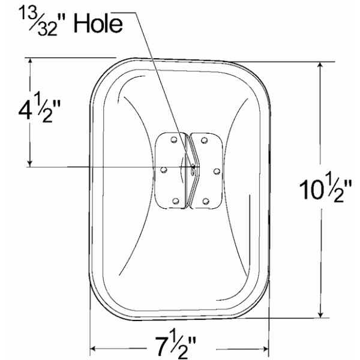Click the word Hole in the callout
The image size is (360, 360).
pyautogui.click(x=98, y=23)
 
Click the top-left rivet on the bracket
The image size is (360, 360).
pyautogui.click(x=174, y=140)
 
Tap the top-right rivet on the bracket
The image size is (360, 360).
pyautogui.click(x=204, y=140)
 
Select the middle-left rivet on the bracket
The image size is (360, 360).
pyautogui.click(x=163, y=170)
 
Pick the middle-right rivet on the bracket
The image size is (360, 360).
pyautogui.click(x=217, y=171)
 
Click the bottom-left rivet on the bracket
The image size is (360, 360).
pyautogui.click(x=175, y=201)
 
